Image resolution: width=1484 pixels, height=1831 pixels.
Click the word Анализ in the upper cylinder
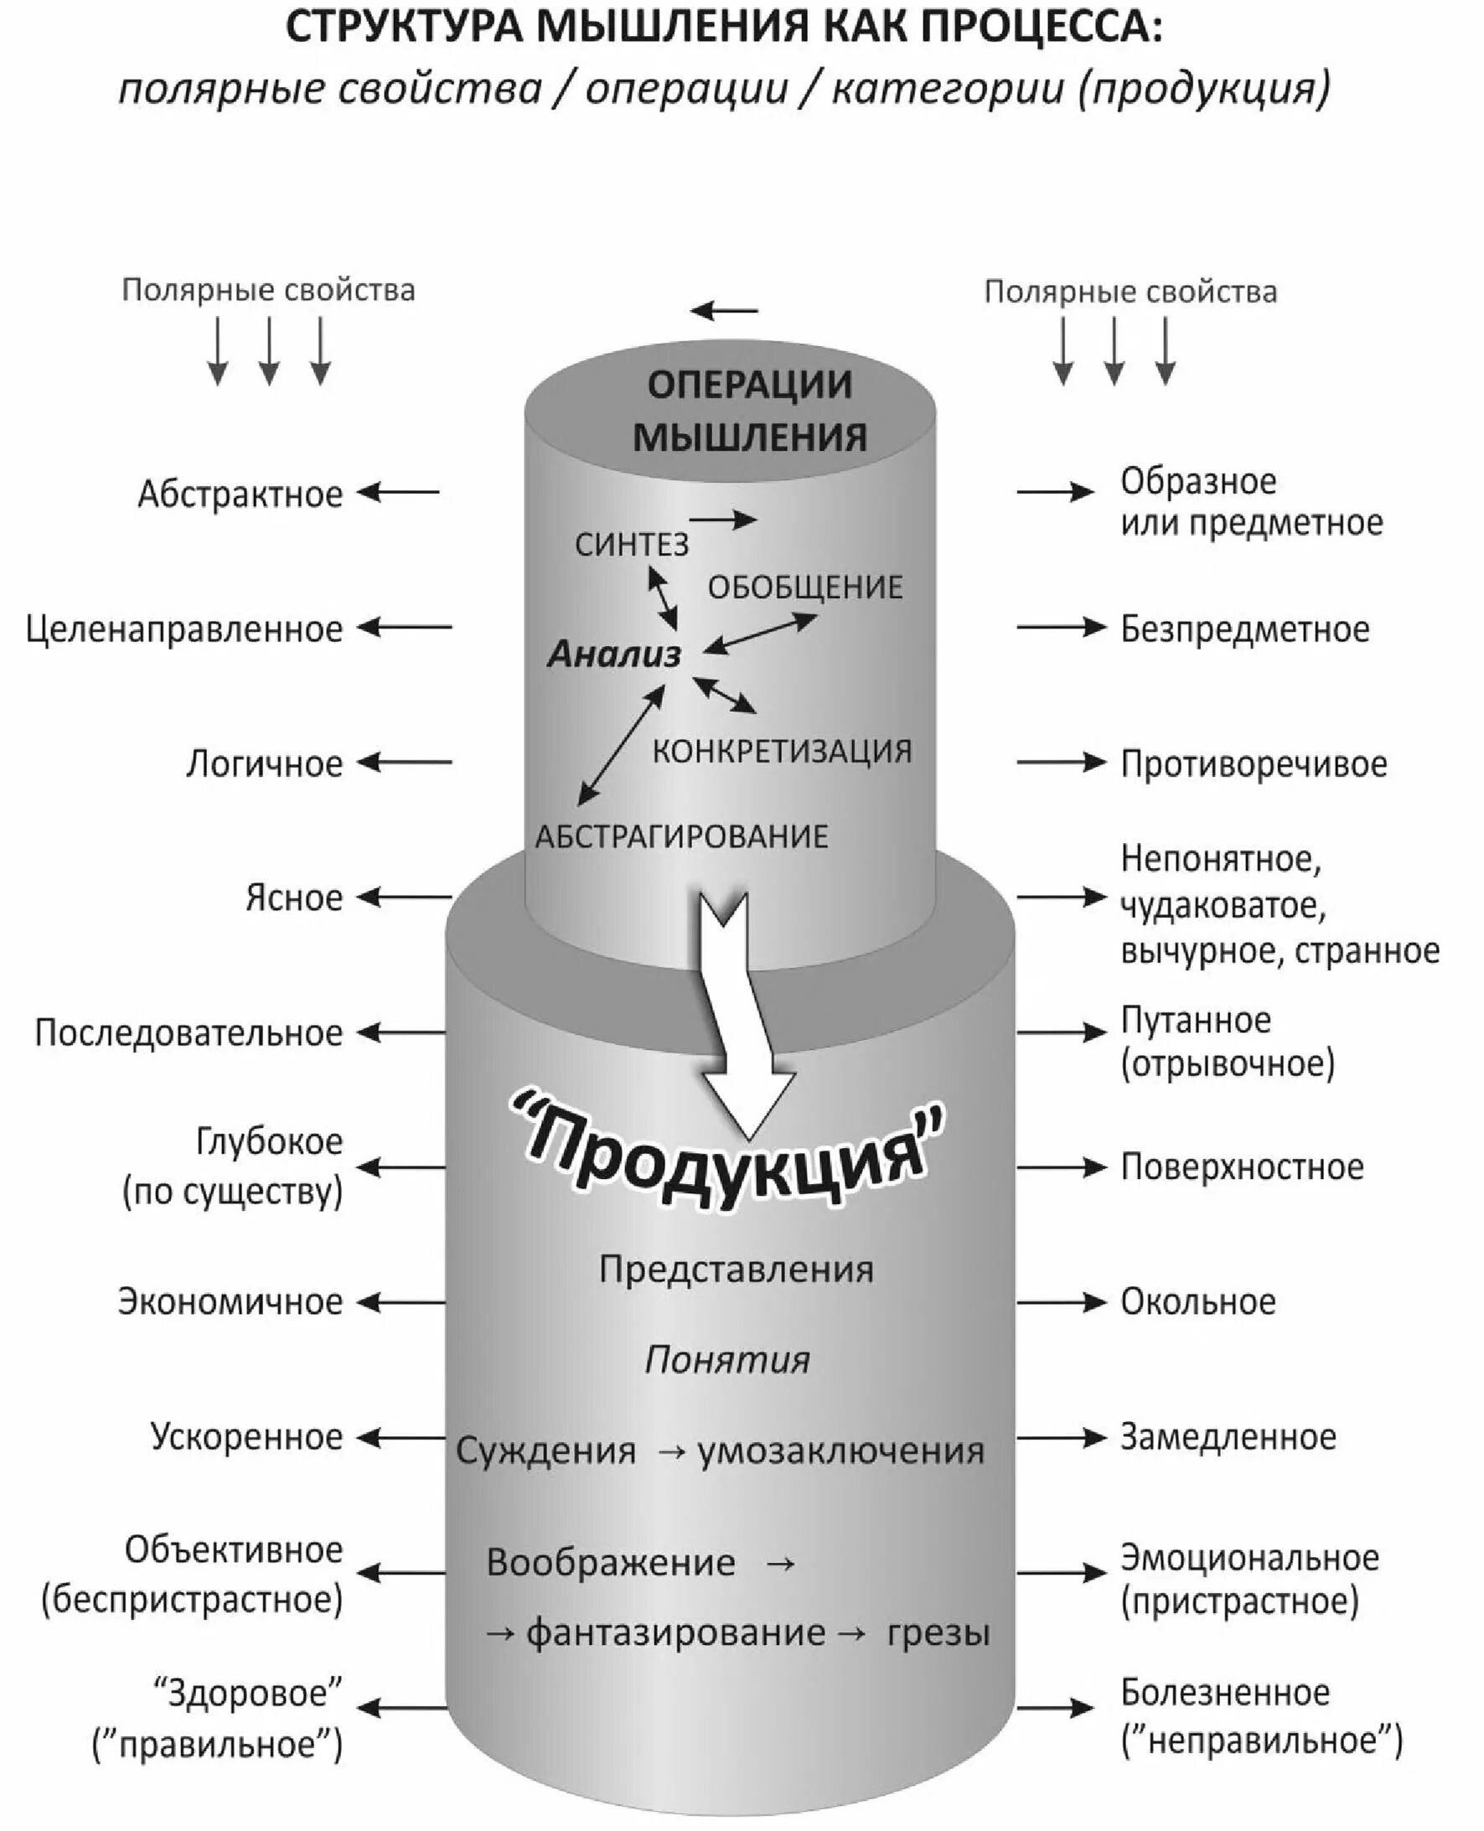coord(613,654)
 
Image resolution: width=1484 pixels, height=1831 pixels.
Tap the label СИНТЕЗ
coord(631,545)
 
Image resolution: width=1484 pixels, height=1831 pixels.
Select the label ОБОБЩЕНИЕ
coord(804,587)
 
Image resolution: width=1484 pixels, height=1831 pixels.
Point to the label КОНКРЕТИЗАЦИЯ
coord(781,752)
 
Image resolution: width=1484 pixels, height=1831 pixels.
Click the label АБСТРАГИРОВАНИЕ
coord(681,836)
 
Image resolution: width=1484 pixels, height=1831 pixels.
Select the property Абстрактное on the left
coord(240,494)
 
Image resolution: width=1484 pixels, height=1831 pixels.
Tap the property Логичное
coord(264,763)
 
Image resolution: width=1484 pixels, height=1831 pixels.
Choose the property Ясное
coord(293,897)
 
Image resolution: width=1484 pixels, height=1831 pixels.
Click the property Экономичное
coord(230,1302)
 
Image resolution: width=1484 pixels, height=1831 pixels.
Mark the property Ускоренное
coord(246,1437)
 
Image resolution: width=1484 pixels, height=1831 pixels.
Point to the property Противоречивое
coord(1254,763)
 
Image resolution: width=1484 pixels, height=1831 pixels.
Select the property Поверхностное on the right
coord(1241,1166)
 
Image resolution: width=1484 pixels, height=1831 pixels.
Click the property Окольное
coord(1197,1302)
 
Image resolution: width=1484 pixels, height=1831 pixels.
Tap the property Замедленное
coord(1228,1437)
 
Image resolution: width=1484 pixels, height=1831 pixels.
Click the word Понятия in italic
coord(726,1360)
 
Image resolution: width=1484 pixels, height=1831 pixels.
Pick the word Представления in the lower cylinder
coord(735,1270)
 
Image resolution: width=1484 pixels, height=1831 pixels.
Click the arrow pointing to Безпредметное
coord(1061,628)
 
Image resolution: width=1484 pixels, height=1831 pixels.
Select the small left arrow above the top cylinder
coord(724,310)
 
